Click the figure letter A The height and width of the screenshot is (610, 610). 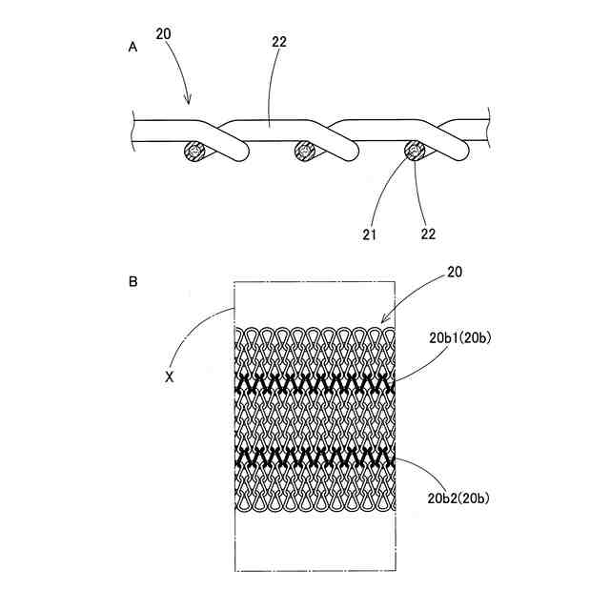[x=132, y=47]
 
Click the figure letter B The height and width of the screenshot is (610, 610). [x=132, y=281]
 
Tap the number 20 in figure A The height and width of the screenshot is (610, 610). [x=163, y=33]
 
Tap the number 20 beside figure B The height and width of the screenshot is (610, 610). [x=456, y=273]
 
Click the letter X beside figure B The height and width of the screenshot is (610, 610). [x=170, y=376]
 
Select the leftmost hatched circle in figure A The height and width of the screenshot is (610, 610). [x=196, y=152]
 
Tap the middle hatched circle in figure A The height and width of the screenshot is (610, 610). [x=305, y=151]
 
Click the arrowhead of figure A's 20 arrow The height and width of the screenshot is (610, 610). [x=189, y=101]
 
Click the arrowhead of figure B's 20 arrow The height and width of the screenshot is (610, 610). [x=383, y=321]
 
